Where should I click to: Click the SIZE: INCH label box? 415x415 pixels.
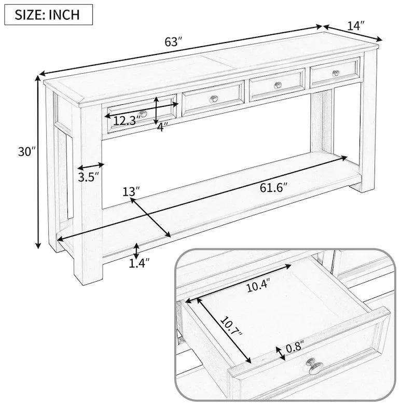coord(48,14)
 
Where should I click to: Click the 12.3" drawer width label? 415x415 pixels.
coord(127,121)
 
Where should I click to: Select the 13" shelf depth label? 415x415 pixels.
coord(131,191)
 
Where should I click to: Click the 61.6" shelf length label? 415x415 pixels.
coord(273,187)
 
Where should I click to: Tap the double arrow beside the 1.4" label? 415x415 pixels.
coord(135,251)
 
